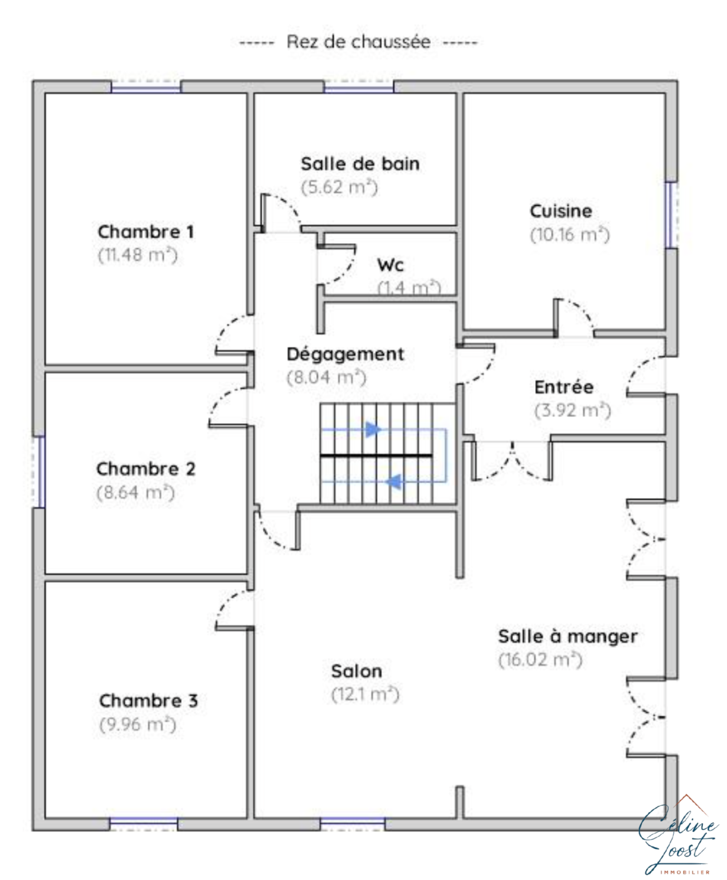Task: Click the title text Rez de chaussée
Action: click(x=358, y=42)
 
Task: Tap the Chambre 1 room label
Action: click(x=146, y=231)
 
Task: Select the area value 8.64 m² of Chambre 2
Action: click(x=135, y=492)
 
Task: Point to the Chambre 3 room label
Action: click(x=149, y=700)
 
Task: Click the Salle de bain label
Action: click(x=360, y=164)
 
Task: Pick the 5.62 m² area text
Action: click(x=339, y=187)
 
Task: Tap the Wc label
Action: click(x=390, y=265)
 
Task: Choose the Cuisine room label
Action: click(x=561, y=211)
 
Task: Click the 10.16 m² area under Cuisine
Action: click(x=570, y=234)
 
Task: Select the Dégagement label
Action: click(x=345, y=354)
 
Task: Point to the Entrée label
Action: click(x=564, y=387)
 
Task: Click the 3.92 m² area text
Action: click(x=573, y=410)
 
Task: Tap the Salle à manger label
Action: click(x=568, y=636)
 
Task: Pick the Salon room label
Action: click(x=357, y=671)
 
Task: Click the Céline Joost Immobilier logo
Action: click(x=677, y=838)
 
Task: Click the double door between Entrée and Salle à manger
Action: click(x=512, y=460)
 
